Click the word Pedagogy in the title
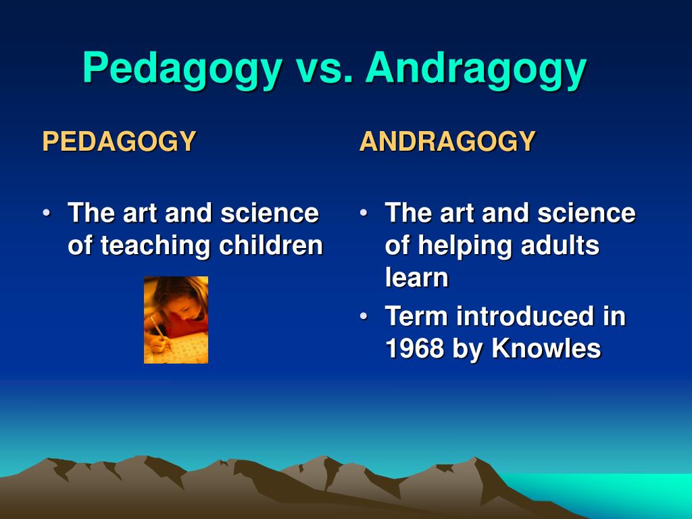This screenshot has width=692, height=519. pos(182,70)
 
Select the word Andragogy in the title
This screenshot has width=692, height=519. pos(476,70)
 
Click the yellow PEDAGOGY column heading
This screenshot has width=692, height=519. pos(119,141)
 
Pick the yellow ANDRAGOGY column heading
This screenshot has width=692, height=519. pos(447,141)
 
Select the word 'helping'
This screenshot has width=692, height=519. pos(465,246)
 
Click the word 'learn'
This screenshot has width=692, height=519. pos(416,277)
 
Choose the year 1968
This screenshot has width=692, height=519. pos(414,348)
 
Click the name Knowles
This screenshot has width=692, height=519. pos(546,348)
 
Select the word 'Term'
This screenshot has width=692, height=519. pos(416,316)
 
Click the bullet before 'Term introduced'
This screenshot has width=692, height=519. pos(363,316)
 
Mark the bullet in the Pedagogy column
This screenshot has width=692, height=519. pos(47,213)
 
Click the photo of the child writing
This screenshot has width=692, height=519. pos(176,320)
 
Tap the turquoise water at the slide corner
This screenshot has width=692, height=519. pos(618,494)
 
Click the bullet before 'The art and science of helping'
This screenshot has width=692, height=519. pos(363,213)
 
